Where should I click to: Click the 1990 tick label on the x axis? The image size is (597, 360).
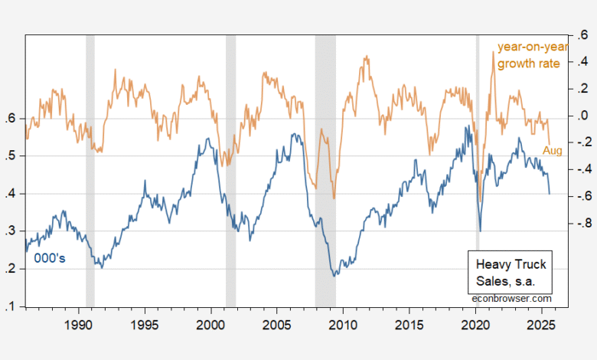point(78,325)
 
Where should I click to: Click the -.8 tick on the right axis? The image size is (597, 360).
point(584,224)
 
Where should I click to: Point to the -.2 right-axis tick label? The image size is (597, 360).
point(584,143)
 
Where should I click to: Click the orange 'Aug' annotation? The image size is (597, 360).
point(553,151)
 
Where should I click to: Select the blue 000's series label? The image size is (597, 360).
point(50,258)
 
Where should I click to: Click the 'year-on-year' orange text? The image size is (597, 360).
point(529,47)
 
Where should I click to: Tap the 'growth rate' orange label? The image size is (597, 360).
point(529,63)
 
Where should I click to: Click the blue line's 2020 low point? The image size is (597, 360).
point(480,231)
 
